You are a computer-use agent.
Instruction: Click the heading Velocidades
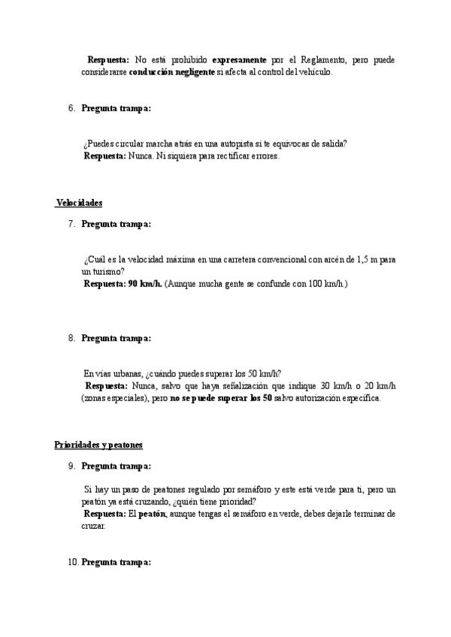coord(80,204)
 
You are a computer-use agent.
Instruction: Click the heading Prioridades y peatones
coord(98,445)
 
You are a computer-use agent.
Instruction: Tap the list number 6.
coord(71,108)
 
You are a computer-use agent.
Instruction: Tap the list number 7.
coord(71,224)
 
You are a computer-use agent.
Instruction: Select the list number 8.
coord(71,339)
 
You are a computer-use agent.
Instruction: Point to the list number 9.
coord(71,466)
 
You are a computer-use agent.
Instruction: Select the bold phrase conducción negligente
coord(172,73)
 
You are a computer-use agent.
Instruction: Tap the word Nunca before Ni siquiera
coord(140,156)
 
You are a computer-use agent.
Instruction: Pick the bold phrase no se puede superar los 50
coord(221,398)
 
